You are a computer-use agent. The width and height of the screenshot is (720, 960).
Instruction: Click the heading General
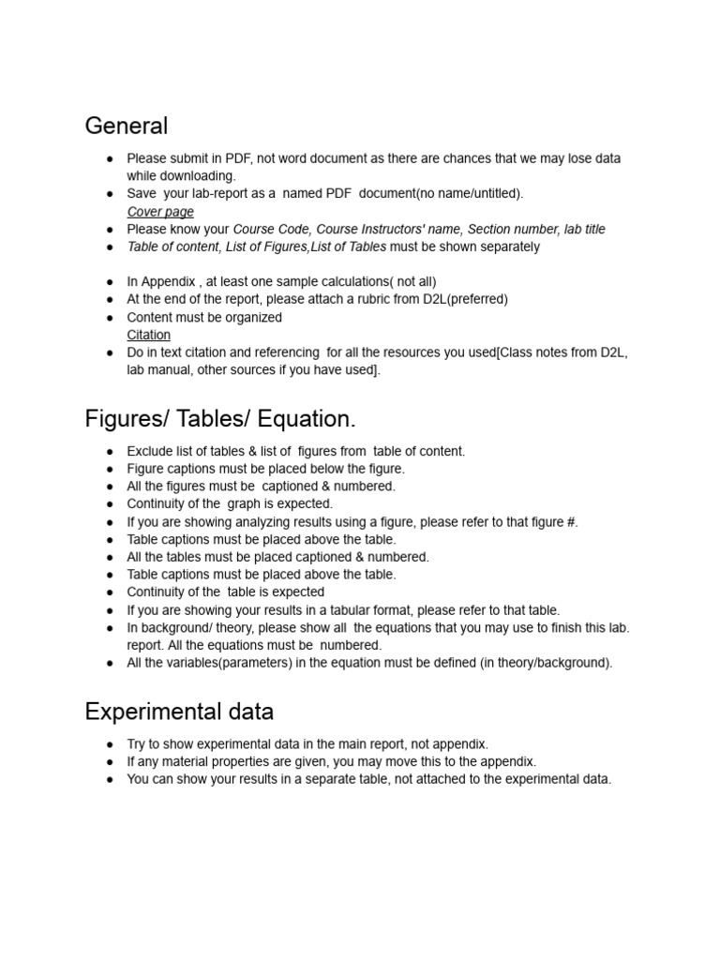127,126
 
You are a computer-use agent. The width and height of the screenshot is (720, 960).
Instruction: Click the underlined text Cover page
160,212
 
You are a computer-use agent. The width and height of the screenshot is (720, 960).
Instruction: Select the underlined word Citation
149,335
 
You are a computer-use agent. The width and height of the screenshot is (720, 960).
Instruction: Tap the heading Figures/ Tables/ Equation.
220,418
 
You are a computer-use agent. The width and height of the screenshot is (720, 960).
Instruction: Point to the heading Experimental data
179,712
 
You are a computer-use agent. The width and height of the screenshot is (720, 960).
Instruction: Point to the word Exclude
150,451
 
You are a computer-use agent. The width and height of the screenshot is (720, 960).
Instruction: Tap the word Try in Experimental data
138,743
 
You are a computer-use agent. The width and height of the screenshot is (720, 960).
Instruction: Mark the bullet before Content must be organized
110,317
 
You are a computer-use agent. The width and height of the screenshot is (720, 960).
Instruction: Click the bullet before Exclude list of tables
110,451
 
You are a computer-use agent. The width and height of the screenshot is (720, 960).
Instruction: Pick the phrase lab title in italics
585,229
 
